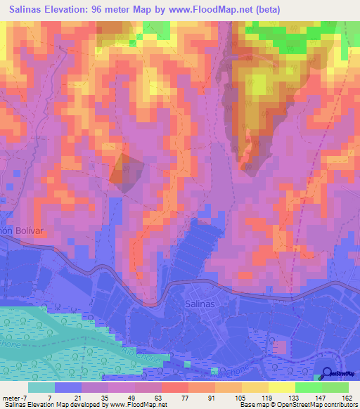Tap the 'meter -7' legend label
coord(15,398)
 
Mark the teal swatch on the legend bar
coord(41,387)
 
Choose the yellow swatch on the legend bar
coord(281,387)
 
